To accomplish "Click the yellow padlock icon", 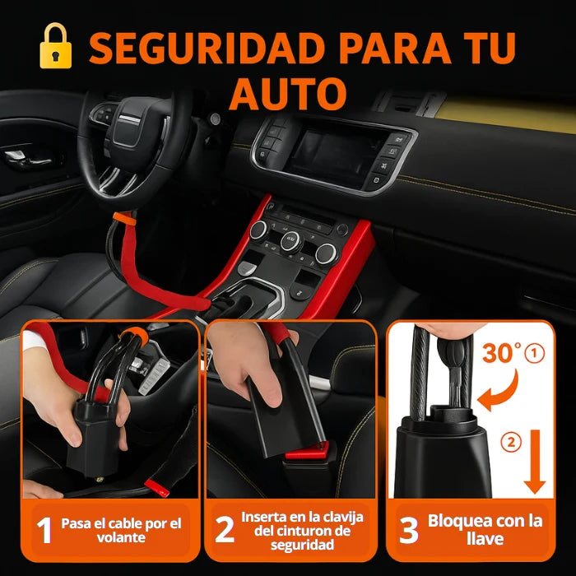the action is [x=55, y=46].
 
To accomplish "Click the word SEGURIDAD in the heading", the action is [x=206, y=48].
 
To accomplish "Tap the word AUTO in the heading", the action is [x=288, y=93].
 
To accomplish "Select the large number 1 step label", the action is [x=44, y=530].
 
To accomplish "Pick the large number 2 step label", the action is [x=225, y=529].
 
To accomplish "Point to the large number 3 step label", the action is [x=409, y=530].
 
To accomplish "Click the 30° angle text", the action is [x=502, y=352].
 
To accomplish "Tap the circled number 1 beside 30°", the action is [x=535, y=353].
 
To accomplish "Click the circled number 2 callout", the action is [x=511, y=443].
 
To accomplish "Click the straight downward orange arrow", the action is [x=535, y=461].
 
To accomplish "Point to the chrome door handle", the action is [x=30, y=159].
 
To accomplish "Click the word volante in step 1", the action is [x=121, y=538].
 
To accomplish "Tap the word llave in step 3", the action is [x=485, y=539].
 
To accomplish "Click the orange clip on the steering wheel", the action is [x=124, y=218].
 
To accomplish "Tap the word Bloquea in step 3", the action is [x=451, y=521].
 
